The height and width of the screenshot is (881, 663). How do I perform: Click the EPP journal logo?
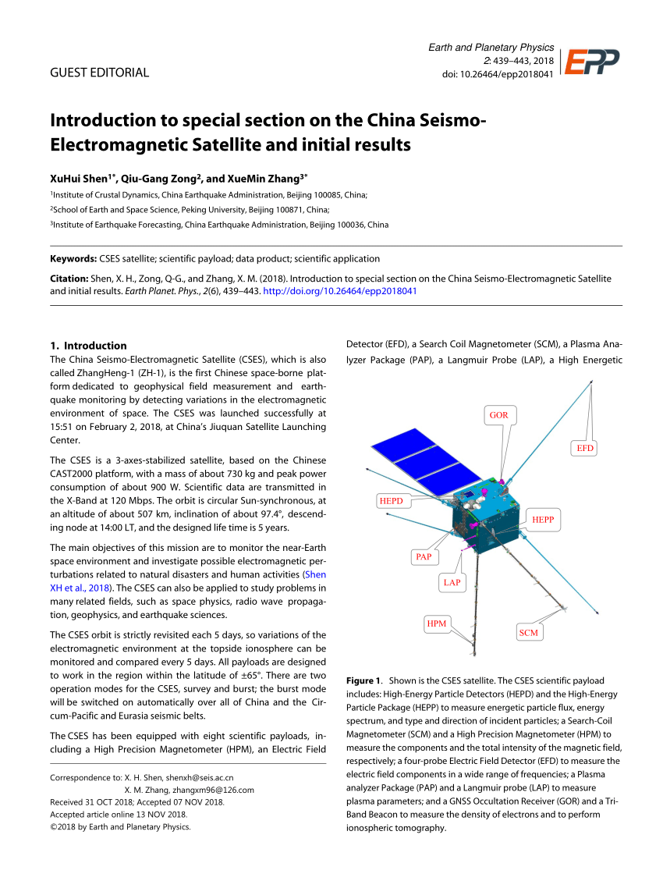[x=592, y=62]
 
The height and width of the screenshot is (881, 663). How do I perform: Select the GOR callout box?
[x=498, y=415]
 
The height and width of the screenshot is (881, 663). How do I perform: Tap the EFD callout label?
[x=585, y=448]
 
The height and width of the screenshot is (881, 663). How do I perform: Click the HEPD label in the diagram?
[x=391, y=500]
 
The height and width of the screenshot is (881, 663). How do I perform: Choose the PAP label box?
[x=424, y=556]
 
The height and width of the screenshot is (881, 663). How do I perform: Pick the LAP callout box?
[x=452, y=582]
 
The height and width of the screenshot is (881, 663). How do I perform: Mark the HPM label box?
[x=437, y=623]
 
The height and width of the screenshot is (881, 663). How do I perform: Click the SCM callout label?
[x=528, y=633]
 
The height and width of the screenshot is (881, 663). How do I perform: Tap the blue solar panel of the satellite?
[x=414, y=461]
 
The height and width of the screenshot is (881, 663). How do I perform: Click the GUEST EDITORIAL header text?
[x=99, y=73]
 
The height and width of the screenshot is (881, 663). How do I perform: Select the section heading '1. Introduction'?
[x=88, y=346]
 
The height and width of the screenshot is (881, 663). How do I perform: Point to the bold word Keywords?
[x=73, y=258]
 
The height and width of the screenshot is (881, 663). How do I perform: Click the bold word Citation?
[x=69, y=279]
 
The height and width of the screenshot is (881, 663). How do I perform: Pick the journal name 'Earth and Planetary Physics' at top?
[x=491, y=48]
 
